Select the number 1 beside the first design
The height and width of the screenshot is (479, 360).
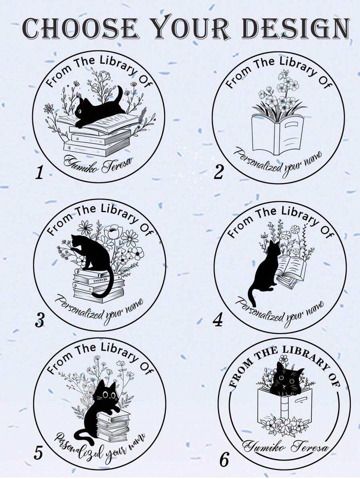(x=39, y=173)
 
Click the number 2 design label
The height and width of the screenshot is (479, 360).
(x=219, y=173)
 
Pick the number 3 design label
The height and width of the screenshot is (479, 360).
(x=40, y=320)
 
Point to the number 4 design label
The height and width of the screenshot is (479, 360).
(x=218, y=320)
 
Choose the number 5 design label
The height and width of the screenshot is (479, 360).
(x=38, y=453)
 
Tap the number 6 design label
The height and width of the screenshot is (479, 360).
(x=224, y=459)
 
